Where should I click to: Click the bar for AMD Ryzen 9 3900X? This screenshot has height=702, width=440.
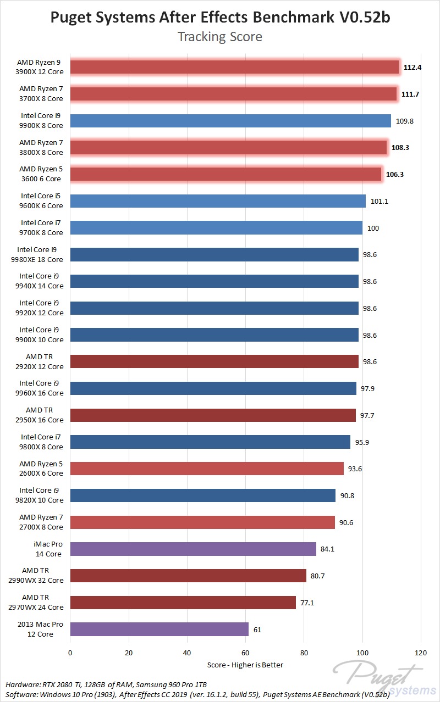[x=234, y=67]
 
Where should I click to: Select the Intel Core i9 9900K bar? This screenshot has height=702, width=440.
[x=230, y=121]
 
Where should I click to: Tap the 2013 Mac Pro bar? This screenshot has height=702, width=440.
[x=159, y=629]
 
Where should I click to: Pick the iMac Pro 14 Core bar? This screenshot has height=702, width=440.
[x=193, y=549]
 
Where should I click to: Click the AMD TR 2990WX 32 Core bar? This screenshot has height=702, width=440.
[x=188, y=576]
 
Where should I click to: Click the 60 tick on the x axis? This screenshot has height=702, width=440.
[x=245, y=653]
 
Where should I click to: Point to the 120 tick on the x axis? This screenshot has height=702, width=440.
[x=421, y=653]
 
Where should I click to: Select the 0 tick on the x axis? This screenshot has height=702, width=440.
[x=70, y=653]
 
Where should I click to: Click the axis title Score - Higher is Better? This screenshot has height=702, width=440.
[x=245, y=665]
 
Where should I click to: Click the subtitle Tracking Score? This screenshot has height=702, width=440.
[x=220, y=37]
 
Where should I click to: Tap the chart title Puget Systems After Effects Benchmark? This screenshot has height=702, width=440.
[x=220, y=17]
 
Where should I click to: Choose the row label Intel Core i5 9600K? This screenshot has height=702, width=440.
[x=42, y=201]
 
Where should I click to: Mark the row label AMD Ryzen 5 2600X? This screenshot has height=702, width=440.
[x=41, y=469]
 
